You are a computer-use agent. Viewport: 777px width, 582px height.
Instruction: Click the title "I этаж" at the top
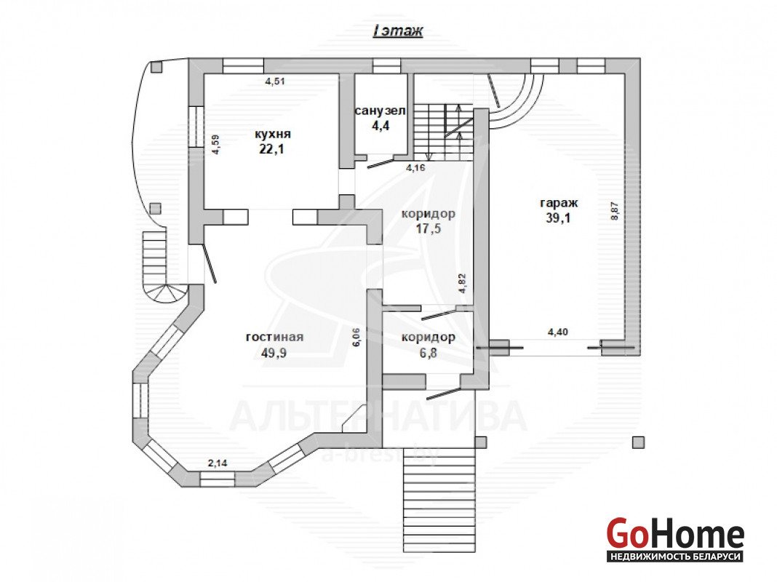point(398,31)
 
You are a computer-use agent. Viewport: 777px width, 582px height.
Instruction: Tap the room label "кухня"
point(273,134)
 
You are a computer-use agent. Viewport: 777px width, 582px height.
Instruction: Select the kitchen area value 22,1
point(271,149)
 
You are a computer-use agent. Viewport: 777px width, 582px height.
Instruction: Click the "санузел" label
point(380,111)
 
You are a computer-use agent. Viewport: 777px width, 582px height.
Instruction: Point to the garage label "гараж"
point(559,202)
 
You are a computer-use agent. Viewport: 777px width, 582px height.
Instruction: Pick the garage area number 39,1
point(558,218)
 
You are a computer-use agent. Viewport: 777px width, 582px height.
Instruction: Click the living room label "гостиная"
point(274,337)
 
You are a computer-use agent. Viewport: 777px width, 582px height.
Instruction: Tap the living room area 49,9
point(274,353)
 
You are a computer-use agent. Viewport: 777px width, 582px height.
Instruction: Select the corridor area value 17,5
point(428,229)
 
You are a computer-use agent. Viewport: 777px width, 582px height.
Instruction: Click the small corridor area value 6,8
point(428,353)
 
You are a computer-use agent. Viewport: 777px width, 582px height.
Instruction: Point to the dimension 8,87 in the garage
point(615,211)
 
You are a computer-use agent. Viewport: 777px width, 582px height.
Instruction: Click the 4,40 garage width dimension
point(557,332)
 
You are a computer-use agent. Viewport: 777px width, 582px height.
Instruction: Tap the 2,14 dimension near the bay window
point(218,463)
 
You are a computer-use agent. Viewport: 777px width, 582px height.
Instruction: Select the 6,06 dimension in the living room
point(356,337)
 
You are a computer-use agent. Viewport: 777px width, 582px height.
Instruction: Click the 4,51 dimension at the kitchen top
point(275,81)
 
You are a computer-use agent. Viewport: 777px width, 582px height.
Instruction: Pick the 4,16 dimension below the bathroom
point(415,168)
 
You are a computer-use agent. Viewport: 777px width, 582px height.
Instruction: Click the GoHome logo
point(675,539)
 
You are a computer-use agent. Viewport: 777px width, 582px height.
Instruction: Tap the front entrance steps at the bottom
point(439,501)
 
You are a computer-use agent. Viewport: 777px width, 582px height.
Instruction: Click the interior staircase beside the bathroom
point(444,132)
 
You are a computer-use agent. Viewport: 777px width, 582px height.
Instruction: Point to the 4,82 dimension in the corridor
point(462,283)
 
